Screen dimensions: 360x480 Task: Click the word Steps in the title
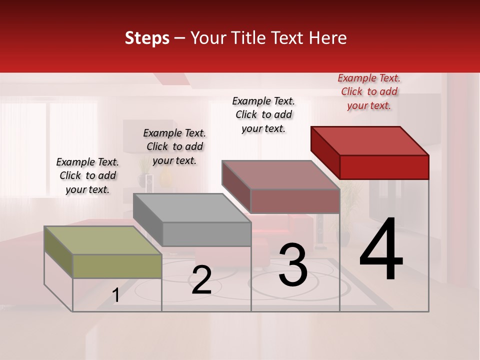(x=147, y=38)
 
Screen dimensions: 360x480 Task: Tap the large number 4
(x=381, y=250)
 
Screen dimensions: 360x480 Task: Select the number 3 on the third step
(x=293, y=265)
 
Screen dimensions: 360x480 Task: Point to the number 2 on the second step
(x=201, y=280)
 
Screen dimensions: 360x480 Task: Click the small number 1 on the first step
(x=116, y=295)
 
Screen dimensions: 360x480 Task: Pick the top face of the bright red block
(x=370, y=140)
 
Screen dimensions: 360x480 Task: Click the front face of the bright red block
(x=384, y=167)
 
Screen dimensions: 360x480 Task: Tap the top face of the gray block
(x=192, y=208)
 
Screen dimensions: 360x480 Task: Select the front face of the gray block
(x=206, y=234)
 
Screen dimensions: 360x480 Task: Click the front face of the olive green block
(x=117, y=266)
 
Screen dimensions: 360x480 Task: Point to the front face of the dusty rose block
(x=295, y=201)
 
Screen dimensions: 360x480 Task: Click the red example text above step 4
(x=369, y=91)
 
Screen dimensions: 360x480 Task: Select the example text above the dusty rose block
(x=263, y=114)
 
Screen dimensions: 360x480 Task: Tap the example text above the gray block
(x=174, y=146)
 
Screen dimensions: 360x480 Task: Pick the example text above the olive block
(x=87, y=175)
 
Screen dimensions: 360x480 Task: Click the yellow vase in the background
(x=166, y=177)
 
